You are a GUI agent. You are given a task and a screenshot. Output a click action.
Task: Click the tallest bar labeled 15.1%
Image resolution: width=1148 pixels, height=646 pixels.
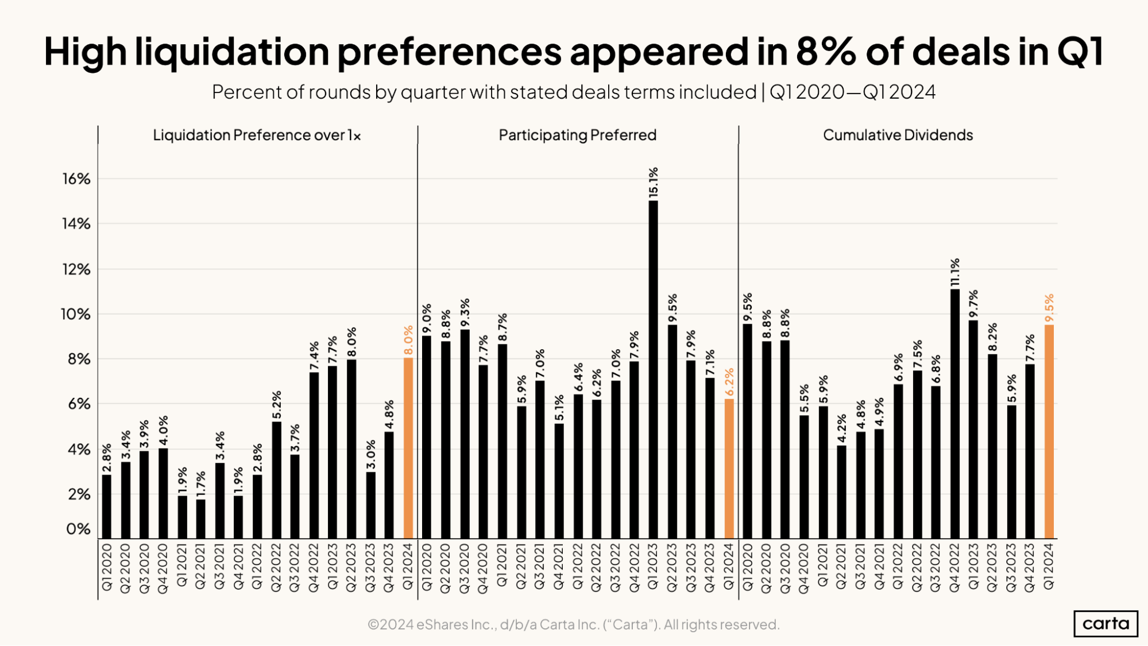point(653,370)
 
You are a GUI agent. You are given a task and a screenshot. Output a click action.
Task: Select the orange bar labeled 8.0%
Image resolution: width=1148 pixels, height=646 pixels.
point(408,448)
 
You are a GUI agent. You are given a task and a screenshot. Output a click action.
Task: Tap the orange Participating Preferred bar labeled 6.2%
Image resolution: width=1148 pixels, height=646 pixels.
point(729,469)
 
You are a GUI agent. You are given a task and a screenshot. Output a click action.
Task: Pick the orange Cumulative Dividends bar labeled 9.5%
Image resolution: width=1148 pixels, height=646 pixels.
point(1049,432)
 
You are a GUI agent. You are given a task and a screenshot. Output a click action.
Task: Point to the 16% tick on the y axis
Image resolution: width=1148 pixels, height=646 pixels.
point(76,179)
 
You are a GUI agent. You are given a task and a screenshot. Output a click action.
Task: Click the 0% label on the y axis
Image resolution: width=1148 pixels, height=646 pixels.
point(78,529)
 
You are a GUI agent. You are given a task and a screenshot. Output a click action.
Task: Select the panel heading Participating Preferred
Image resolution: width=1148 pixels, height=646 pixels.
point(577,135)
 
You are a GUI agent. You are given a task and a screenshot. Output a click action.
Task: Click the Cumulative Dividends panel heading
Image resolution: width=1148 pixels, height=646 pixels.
point(898,135)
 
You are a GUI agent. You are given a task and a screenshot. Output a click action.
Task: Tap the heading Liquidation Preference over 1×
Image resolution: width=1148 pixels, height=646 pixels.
point(257,135)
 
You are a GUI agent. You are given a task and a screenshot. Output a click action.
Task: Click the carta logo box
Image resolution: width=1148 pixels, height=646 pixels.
point(1105,624)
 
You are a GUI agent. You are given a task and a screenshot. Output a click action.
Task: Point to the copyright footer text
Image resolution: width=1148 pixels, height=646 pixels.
point(573,624)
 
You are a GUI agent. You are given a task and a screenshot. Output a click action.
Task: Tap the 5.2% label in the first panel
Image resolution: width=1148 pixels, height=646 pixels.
point(277,405)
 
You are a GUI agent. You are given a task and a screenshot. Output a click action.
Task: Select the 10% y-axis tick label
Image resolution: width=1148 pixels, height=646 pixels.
point(76,314)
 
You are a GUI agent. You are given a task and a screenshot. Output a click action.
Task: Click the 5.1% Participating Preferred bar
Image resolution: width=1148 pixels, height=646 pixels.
point(559,481)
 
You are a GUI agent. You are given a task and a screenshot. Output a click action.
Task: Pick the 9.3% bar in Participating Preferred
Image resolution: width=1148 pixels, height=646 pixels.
point(465,434)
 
